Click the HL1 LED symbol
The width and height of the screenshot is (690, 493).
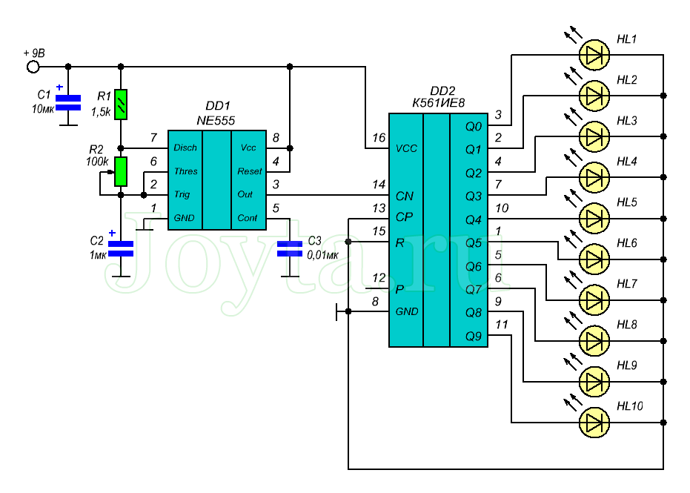[592, 53]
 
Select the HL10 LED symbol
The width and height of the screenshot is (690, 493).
[592, 422]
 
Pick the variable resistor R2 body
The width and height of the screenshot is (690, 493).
[120, 171]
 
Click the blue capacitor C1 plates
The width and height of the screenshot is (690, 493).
[68, 102]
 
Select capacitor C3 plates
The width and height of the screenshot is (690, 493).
[288, 248]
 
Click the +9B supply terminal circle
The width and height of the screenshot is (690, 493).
[33, 67]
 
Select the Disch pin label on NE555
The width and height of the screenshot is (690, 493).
[185, 148]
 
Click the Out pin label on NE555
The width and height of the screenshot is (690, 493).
[246, 195]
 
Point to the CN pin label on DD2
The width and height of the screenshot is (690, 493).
[405, 196]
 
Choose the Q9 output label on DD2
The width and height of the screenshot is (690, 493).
[473, 336]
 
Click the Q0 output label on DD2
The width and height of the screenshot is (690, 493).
[473, 127]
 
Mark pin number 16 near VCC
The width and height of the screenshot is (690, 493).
[379, 137]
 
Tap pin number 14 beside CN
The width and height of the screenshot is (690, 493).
[379, 184]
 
